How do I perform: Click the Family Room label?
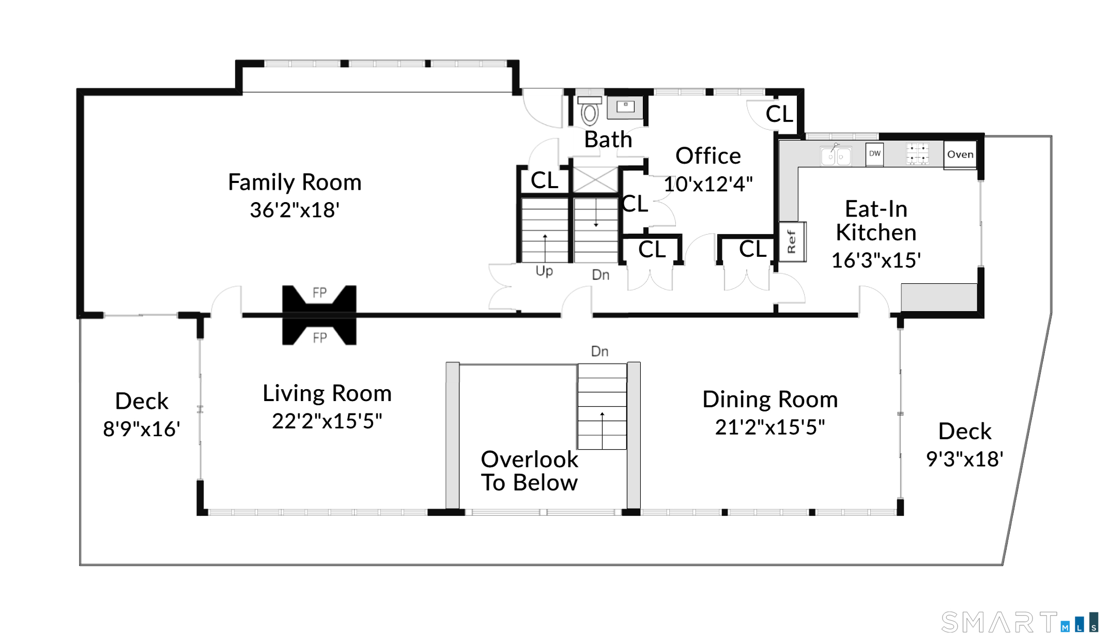pyautogui.click(x=295, y=182)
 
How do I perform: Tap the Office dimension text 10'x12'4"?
pyautogui.click(x=708, y=184)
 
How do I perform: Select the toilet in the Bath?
pyautogui.click(x=590, y=111)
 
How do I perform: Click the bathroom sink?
pyautogui.click(x=625, y=107)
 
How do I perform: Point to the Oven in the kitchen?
pyautogui.click(x=960, y=155)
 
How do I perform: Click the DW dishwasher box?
pyautogui.click(x=875, y=154)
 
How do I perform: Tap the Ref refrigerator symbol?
pyautogui.click(x=792, y=241)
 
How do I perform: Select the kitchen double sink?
pyautogui.click(x=836, y=155)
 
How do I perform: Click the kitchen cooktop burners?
pyautogui.click(x=917, y=154)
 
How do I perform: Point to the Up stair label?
pyautogui.click(x=544, y=271)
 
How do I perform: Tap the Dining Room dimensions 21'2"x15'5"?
pyautogui.click(x=770, y=427)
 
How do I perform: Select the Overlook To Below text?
pyautogui.click(x=530, y=471)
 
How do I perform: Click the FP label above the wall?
pyautogui.click(x=319, y=293)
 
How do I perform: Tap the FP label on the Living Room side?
pyautogui.click(x=319, y=338)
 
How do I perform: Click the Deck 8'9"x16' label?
pyautogui.click(x=142, y=415)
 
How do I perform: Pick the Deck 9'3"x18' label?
pyautogui.click(x=965, y=445)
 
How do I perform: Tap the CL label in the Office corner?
pyautogui.click(x=779, y=114)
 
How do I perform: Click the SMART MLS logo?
pyautogui.click(x=1019, y=622)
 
